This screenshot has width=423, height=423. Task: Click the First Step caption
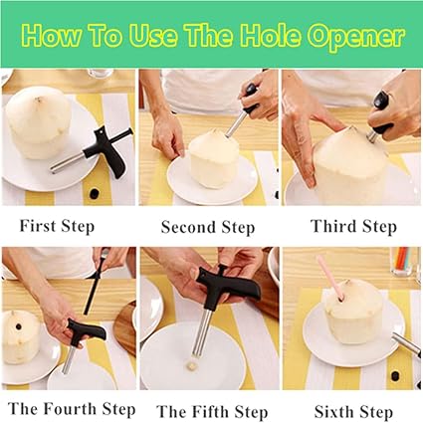pyautogui.click(x=57, y=227)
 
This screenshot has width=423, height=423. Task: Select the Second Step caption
pyautogui.click(x=208, y=227)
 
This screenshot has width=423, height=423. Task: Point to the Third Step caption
pyautogui.click(x=353, y=227)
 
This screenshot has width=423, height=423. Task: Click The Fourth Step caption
pyautogui.click(x=72, y=409)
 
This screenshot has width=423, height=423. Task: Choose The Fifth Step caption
pyautogui.click(x=212, y=411)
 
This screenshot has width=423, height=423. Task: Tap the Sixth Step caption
pyautogui.click(x=353, y=412)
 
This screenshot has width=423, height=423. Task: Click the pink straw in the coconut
pyautogui.click(x=329, y=278)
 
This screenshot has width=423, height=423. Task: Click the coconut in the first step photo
pyautogui.click(x=39, y=121)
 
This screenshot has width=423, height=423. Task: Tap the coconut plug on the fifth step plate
pyautogui.click(x=191, y=365)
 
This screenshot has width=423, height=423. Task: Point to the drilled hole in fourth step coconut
pyautogui.click(x=18, y=326)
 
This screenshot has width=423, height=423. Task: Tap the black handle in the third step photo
pyautogui.click(x=382, y=111)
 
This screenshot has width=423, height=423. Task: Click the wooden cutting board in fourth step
pyautogui.click(x=125, y=328)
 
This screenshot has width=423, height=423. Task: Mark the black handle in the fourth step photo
pyautogui.click(x=87, y=331)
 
